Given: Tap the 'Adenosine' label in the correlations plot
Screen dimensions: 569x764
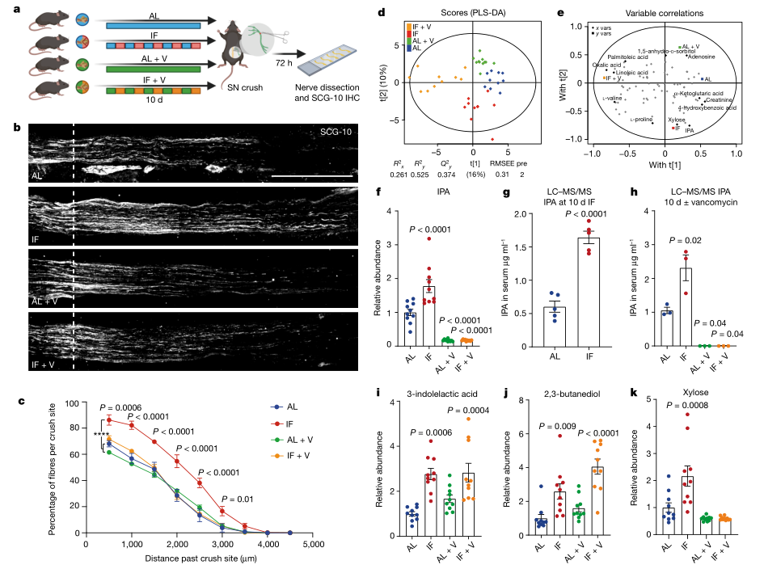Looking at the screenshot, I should click(700, 56).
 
